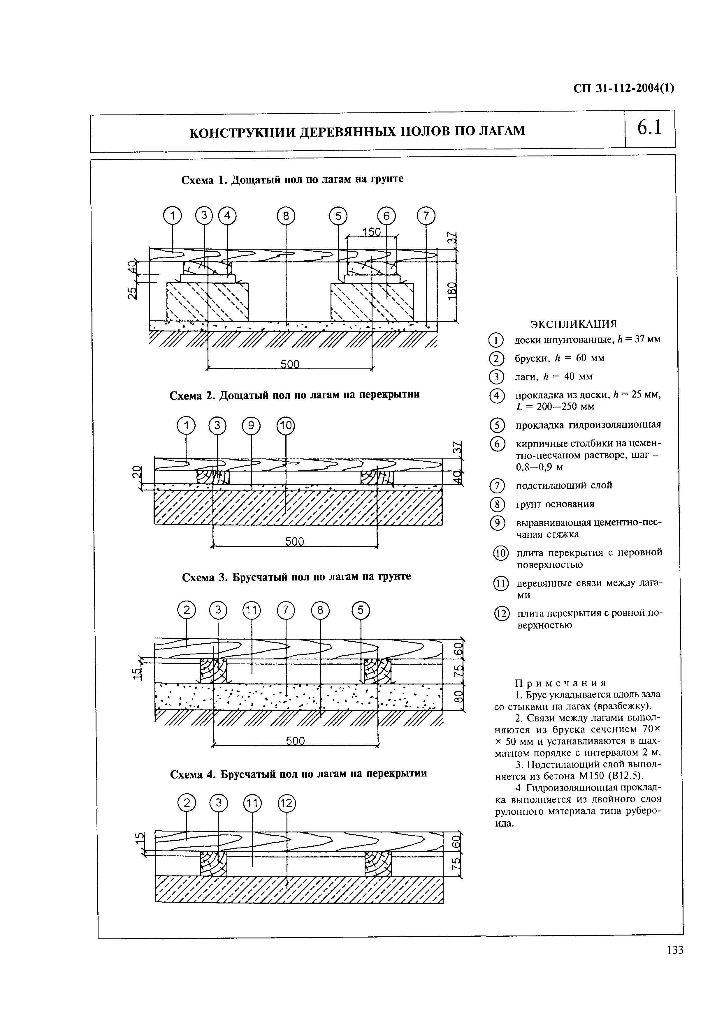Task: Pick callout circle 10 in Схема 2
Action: point(286,426)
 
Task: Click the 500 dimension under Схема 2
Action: point(294,541)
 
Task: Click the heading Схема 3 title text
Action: point(296,576)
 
